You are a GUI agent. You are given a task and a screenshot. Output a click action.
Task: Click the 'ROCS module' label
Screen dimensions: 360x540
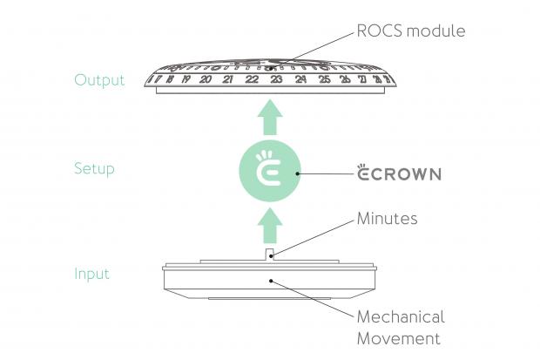coord(411,31)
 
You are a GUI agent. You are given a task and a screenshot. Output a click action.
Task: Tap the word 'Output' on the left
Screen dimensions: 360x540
coord(99,80)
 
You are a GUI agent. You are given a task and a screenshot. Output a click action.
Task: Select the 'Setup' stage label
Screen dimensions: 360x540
coord(94,168)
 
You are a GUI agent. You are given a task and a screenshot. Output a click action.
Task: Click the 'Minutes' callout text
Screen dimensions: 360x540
coord(388,219)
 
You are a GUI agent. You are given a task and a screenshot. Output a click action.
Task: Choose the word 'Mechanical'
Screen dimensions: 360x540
coord(401,316)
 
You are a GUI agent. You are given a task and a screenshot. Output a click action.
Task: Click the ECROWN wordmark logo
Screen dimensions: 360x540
coord(400,173)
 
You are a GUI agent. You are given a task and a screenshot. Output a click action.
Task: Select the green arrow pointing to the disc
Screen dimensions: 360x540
coord(270,118)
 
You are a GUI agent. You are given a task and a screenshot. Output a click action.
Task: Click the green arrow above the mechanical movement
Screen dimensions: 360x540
coord(270,228)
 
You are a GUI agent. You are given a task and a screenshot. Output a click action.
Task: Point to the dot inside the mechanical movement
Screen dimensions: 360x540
coord(270,281)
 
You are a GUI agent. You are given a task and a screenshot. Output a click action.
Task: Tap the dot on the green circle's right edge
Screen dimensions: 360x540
coord(299,173)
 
